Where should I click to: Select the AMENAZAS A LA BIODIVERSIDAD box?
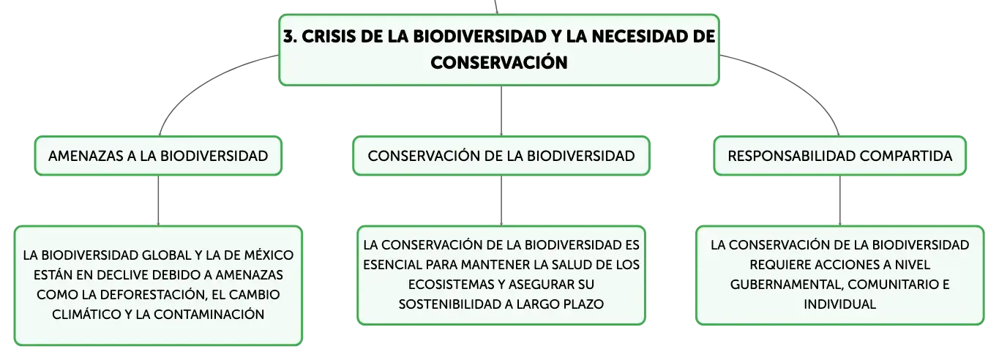pyautogui.click(x=158, y=156)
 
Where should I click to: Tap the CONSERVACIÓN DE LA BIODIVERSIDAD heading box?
pyautogui.click(x=501, y=156)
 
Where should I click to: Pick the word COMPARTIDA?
pyautogui.click(x=906, y=156)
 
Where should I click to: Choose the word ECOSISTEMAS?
pyautogui.click(x=456, y=285)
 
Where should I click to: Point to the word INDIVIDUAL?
pyautogui.click(x=839, y=304)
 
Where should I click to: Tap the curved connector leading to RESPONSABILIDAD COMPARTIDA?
pyautogui.click(x=798, y=83)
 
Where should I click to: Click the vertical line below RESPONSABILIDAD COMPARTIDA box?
pyautogui.click(x=839, y=200)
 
